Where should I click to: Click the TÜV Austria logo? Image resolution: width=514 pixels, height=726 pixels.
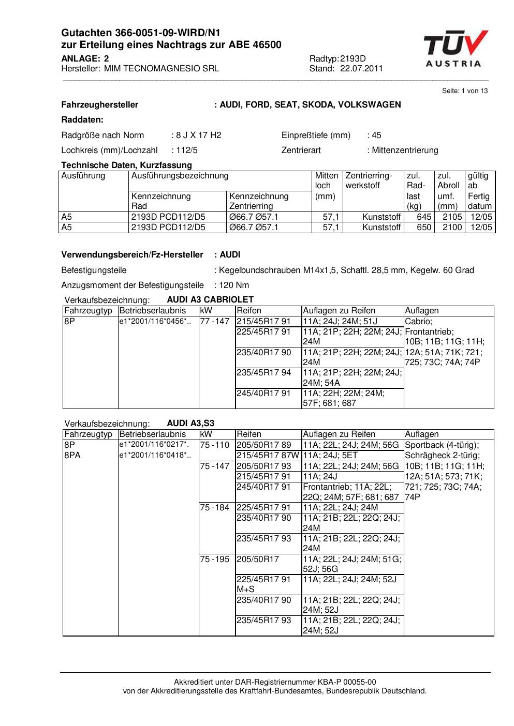(455, 49)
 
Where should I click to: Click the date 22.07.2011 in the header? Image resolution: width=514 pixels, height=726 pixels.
(361, 69)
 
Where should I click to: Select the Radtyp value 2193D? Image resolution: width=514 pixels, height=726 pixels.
(353, 59)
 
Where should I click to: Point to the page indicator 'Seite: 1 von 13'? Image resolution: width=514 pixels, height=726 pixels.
(465, 91)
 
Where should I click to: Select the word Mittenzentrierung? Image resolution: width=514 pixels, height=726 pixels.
(405, 150)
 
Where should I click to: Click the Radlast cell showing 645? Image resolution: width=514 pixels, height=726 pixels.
(424, 217)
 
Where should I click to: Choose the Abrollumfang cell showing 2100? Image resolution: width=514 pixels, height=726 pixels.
(452, 228)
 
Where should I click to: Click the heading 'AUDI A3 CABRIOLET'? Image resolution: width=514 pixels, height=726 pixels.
(210, 300)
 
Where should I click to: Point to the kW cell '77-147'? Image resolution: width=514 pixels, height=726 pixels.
(214, 321)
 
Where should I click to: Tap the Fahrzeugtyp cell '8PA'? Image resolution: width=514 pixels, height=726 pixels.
(72, 456)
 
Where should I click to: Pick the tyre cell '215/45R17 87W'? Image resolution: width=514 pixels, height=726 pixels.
(268, 456)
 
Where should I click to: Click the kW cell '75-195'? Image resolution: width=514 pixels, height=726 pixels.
(214, 559)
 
